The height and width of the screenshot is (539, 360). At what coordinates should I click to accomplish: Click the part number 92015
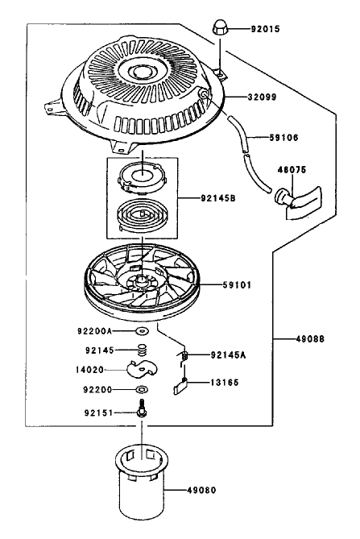point(265,29)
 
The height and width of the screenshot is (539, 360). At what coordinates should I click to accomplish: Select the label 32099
point(262,97)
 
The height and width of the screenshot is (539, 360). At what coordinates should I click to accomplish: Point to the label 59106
point(283,138)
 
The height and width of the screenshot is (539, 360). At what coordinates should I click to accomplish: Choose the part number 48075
point(292,170)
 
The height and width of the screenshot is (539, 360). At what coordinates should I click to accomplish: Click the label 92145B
point(218,198)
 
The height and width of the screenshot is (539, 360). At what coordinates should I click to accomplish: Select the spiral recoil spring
point(142,216)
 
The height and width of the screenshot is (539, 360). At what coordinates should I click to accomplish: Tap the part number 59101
point(237,285)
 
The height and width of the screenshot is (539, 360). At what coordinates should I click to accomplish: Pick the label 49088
point(310,339)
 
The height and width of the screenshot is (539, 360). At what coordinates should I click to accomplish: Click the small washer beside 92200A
point(142,331)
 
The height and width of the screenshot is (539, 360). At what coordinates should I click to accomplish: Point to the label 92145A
point(228,355)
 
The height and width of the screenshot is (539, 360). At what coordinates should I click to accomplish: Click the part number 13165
point(225,383)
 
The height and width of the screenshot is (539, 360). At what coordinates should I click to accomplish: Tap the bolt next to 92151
point(141,408)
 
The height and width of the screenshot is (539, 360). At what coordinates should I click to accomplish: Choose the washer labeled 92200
point(142,389)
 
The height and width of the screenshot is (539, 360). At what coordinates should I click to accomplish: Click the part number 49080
point(201,490)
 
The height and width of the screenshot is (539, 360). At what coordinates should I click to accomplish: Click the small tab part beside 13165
point(180,386)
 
